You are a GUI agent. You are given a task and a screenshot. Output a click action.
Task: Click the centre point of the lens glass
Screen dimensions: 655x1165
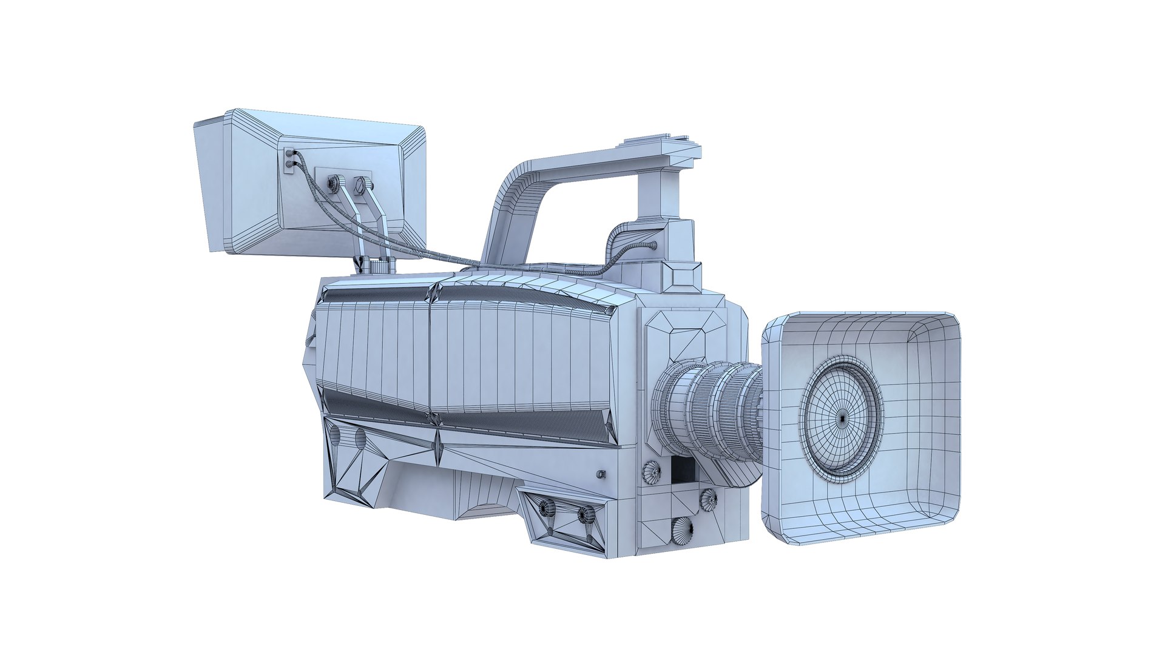[842, 417]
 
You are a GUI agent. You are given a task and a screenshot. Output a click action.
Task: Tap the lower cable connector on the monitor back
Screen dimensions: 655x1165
[289, 164]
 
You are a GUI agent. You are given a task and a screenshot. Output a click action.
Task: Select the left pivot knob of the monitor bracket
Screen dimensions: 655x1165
[334, 183]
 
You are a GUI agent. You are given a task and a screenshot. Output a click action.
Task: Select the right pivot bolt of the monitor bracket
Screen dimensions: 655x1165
[360, 183]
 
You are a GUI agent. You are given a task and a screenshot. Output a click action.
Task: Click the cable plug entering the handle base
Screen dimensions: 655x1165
[652, 245]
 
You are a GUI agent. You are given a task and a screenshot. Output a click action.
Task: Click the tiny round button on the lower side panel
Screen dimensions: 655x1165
[601, 474]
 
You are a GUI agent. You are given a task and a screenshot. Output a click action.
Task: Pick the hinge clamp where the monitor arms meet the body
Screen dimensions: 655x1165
[377, 265]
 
